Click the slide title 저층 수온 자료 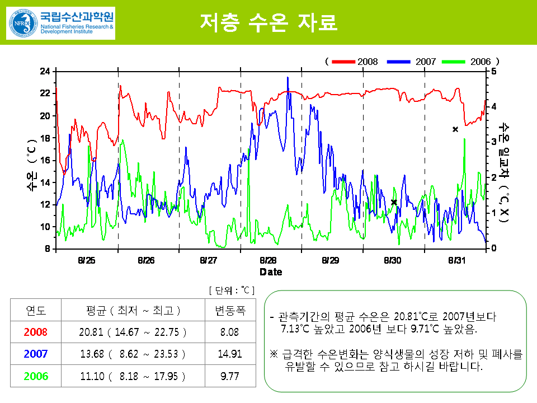point(268,22)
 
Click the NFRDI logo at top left point(60,23)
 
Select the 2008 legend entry point(355,62)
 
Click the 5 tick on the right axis point(493,72)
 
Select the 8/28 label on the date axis point(268,260)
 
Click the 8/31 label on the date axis point(457,260)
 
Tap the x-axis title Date point(271,272)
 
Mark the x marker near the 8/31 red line point(455,129)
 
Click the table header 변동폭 point(230,310)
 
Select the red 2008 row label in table point(36,332)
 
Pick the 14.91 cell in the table point(230,354)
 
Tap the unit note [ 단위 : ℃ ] point(232,290)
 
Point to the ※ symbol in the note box point(274,355)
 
